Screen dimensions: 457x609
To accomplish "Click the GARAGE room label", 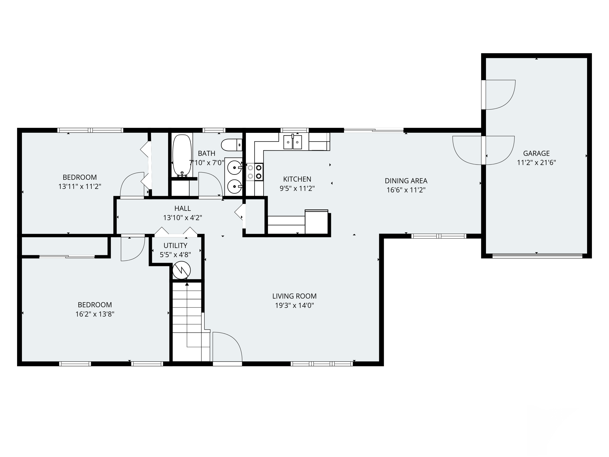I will pos(536,153).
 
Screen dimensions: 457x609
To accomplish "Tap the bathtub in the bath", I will pos(182,155).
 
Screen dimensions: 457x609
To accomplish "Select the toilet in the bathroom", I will pos(231,145).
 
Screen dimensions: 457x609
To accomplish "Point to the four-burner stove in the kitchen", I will pos(255,172).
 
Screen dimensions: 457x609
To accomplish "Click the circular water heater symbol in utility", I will pos(181,271).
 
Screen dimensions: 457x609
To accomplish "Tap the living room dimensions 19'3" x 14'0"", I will pos(294,305).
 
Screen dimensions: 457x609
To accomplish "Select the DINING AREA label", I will pos(406,181).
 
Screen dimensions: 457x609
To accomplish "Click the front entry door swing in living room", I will pos(227,347).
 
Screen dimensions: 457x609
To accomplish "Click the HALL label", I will pos(182,209).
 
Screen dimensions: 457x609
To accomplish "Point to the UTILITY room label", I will pos(175,245).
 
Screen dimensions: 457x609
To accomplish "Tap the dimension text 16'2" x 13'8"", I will pos(95,314).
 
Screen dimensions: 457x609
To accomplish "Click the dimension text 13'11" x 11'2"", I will pos(80,186).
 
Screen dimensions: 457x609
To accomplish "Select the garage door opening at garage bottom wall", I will pos(537,256).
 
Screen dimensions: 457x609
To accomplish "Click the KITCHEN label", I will pos(297,179).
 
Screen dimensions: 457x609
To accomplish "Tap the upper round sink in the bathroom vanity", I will pos(234,167).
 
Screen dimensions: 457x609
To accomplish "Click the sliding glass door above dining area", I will pos(374,130).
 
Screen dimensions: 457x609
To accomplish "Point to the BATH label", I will pos(206,153).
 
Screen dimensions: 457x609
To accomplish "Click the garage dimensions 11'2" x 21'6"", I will pos(536,162).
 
